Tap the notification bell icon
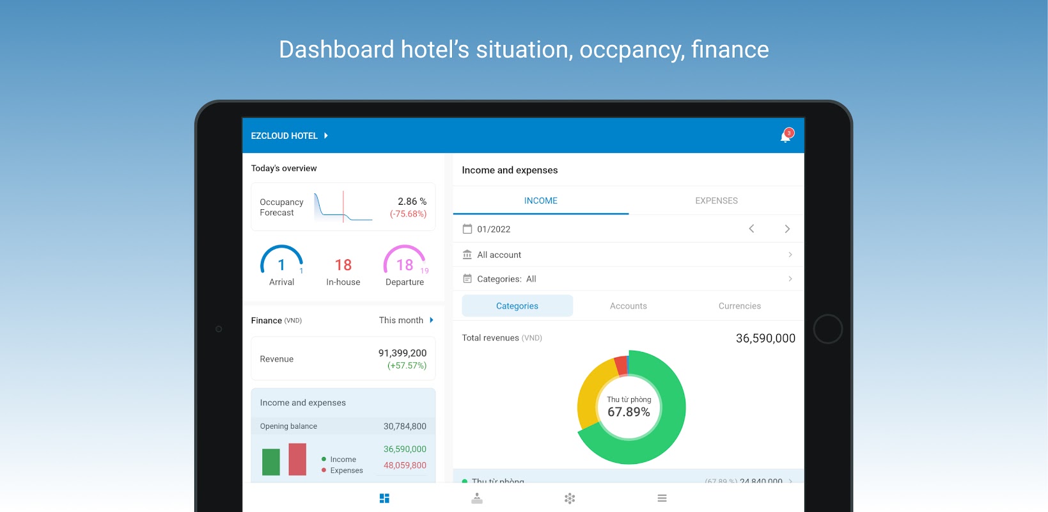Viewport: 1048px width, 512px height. (786, 136)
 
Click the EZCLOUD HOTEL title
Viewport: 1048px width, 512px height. (285, 136)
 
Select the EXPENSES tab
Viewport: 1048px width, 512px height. (716, 201)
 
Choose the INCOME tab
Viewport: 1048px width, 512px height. (540, 201)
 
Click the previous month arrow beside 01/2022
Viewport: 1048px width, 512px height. (751, 228)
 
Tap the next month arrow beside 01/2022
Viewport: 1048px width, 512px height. (787, 228)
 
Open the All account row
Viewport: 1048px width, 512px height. (627, 255)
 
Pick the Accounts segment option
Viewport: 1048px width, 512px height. (628, 306)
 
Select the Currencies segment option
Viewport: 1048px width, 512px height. (739, 306)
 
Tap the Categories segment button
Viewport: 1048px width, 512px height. (517, 306)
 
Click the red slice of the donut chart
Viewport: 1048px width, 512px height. (620, 365)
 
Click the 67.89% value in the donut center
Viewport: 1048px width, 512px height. (629, 412)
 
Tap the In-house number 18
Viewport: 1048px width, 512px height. (343, 265)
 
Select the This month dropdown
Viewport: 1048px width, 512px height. (406, 320)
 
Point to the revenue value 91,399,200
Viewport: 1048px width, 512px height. (402, 353)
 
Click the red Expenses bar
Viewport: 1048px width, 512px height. (297, 459)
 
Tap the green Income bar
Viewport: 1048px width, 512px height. (271, 462)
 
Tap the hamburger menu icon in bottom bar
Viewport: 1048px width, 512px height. (662, 498)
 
